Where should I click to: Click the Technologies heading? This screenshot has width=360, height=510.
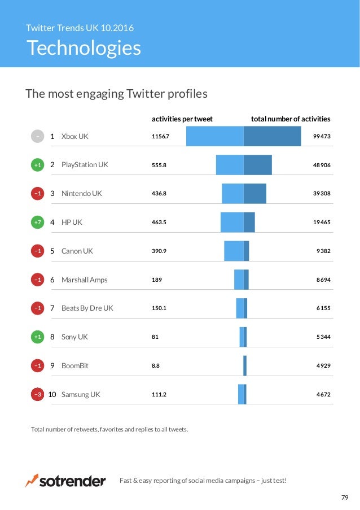pyautogui.click(x=84, y=48)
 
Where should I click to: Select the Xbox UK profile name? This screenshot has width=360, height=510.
pyautogui.click(x=74, y=136)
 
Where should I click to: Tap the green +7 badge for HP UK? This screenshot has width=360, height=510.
pyautogui.click(x=37, y=222)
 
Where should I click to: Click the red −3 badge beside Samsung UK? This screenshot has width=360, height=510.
pyautogui.click(x=37, y=395)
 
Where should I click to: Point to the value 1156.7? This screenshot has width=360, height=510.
pyautogui.click(x=160, y=136)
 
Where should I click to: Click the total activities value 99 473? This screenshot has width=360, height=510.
pyautogui.click(x=322, y=136)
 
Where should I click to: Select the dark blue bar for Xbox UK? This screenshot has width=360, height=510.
pyautogui.click(x=272, y=136)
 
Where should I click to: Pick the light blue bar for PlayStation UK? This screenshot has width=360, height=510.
pyautogui.click(x=230, y=165)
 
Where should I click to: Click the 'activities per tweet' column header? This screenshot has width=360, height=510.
pyautogui.click(x=182, y=119)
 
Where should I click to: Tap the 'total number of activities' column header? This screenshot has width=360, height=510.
pyautogui.click(x=291, y=119)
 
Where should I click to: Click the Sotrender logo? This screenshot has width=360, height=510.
pyautogui.click(x=65, y=481)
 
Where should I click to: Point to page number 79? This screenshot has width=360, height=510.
pyautogui.click(x=345, y=498)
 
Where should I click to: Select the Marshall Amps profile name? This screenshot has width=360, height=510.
pyautogui.click(x=84, y=280)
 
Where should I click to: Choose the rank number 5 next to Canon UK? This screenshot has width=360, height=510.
pyautogui.click(x=52, y=251)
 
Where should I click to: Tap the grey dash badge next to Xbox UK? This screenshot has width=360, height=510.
pyautogui.click(x=37, y=136)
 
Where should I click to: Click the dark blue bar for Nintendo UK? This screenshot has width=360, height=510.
pyautogui.click(x=255, y=193)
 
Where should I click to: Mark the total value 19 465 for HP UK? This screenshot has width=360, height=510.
pyautogui.click(x=322, y=222)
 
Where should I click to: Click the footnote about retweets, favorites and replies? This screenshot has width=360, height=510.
pyautogui.click(x=109, y=430)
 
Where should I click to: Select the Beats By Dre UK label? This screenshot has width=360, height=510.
pyautogui.click(x=87, y=308)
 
